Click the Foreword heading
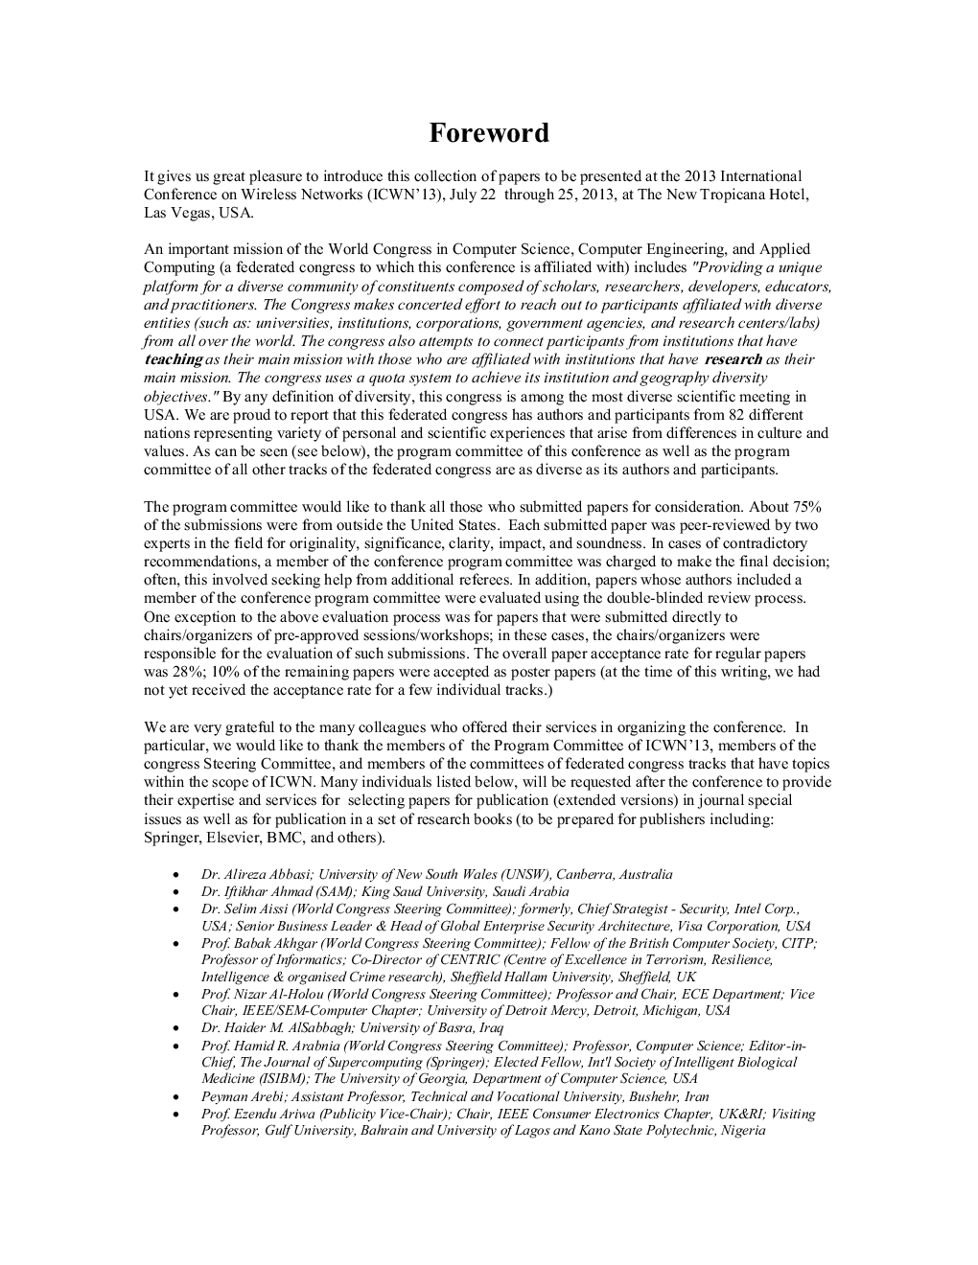489,132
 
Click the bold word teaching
173,359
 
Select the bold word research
733,359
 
